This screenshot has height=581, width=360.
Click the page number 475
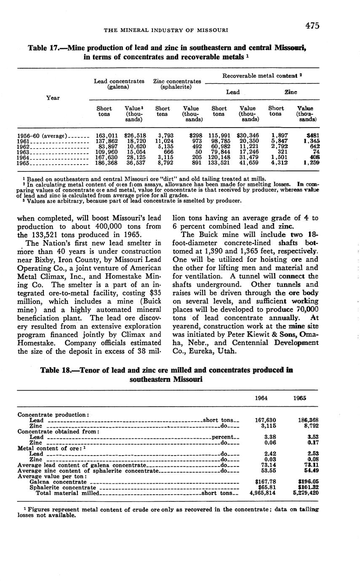click(312, 26)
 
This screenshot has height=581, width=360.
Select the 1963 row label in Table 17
click(24, 152)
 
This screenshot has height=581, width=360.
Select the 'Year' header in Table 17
click(53, 98)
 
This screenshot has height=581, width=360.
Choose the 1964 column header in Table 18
click(262, 398)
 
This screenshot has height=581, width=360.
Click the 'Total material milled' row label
click(67, 493)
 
